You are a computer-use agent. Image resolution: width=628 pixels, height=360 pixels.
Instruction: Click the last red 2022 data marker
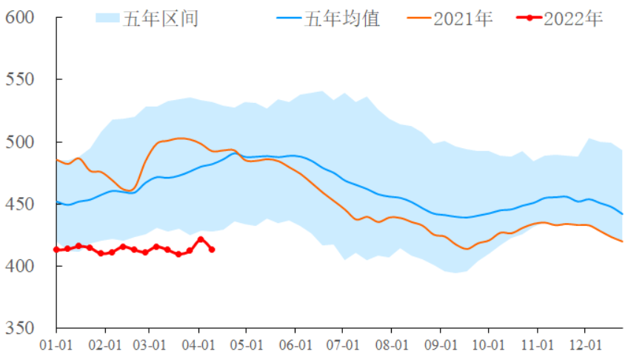213,250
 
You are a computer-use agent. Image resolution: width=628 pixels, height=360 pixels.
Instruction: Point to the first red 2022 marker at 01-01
57,250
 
